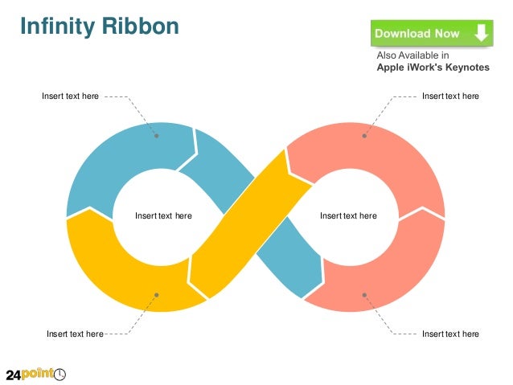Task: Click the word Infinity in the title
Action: (x=56, y=27)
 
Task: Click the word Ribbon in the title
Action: (x=139, y=27)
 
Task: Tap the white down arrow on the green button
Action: (x=481, y=33)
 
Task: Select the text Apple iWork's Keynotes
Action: (x=433, y=68)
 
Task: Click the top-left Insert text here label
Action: (x=71, y=96)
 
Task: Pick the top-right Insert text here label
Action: (x=450, y=96)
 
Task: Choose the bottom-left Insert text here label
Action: (x=75, y=334)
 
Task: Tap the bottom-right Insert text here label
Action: (x=450, y=334)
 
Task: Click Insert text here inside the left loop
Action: (x=163, y=215)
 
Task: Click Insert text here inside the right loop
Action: (x=348, y=215)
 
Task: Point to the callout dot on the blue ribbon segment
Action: (x=157, y=136)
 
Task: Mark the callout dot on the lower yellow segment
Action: (x=157, y=294)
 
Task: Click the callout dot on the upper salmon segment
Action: (x=364, y=136)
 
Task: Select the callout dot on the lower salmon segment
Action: (x=364, y=294)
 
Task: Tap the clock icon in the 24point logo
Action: (x=60, y=374)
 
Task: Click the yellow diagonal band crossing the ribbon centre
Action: (x=241, y=225)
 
